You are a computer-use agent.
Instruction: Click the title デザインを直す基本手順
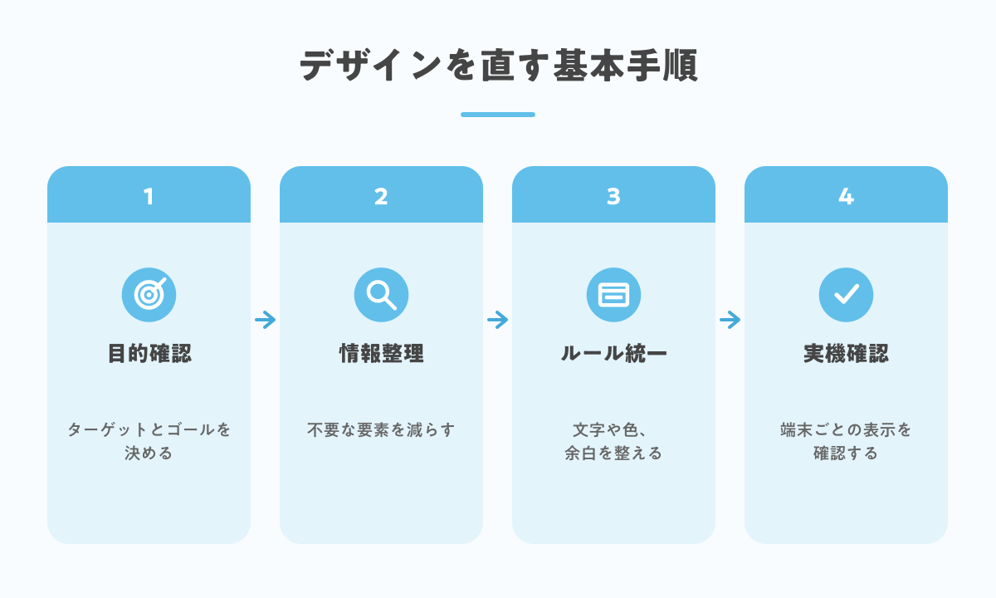click(x=498, y=66)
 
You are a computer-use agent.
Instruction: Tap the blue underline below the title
click(x=498, y=115)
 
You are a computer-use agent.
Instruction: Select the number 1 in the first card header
click(x=149, y=196)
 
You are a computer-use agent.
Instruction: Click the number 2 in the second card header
click(x=381, y=196)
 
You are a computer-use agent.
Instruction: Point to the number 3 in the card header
click(x=613, y=196)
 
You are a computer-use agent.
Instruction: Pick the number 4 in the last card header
click(x=846, y=196)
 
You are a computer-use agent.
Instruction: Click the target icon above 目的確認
click(x=149, y=295)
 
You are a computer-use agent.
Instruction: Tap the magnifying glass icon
click(x=381, y=295)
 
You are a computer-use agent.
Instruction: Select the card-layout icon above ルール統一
click(x=613, y=295)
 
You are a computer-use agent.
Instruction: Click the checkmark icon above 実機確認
click(x=846, y=295)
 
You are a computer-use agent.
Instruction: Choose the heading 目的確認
click(x=149, y=353)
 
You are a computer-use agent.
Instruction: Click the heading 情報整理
click(x=382, y=353)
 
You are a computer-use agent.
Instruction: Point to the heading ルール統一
click(x=613, y=353)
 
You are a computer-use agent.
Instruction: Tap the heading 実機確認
click(x=846, y=353)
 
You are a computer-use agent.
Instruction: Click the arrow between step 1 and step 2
click(x=265, y=320)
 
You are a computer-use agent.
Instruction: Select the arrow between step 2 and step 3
click(x=497, y=320)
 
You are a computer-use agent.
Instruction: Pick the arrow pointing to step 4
click(x=730, y=320)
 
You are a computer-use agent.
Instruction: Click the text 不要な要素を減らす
click(x=381, y=430)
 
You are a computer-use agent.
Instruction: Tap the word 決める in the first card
click(x=149, y=453)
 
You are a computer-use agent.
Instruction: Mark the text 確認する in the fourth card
click(x=846, y=453)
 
